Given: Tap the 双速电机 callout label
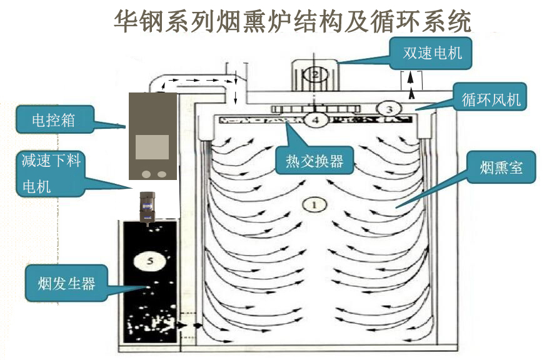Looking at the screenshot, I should point(432,52).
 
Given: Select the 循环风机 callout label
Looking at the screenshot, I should point(490,99).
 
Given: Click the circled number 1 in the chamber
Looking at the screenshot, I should point(314,203).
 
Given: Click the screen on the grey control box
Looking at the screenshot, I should point(152,146).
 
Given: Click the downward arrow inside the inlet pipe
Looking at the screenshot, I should point(235,94).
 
